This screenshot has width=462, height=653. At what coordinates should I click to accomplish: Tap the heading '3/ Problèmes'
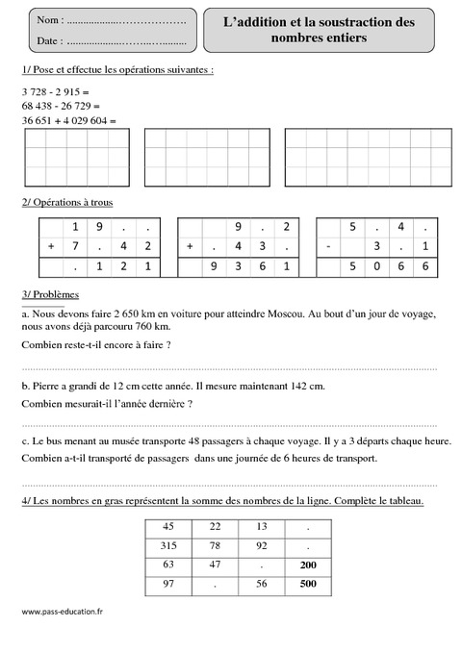tap(49, 293)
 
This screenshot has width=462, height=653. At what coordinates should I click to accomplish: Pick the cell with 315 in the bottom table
tap(169, 544)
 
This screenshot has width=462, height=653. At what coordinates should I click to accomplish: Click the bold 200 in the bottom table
tap(307, 565)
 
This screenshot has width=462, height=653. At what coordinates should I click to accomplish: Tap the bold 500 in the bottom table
tap(307, 584)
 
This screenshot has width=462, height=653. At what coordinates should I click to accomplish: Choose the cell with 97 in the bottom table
tap(169, 584)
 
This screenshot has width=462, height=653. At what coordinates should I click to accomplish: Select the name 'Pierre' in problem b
tap(49, 386)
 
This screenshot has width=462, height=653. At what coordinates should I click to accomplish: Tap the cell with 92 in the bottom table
tap(261, 544)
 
